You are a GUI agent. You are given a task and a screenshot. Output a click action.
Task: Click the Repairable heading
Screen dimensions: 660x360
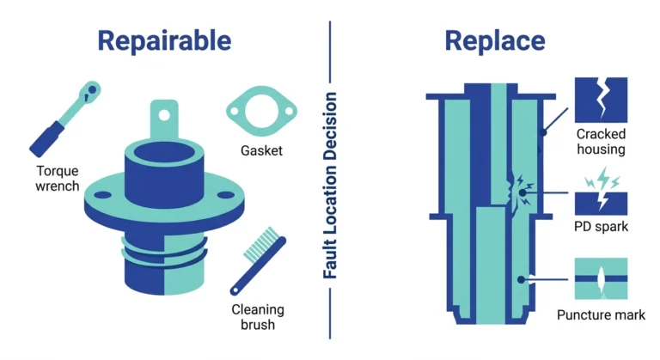tap(164, 41)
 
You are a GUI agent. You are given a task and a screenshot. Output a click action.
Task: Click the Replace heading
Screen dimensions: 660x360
tap(495, 41)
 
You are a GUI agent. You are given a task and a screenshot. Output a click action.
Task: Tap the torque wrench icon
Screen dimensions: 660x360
tap(65, 119)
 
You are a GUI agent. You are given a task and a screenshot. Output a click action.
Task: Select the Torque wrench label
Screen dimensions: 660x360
tap(58, 178)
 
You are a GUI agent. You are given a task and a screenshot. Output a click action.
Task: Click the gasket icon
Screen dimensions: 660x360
tap(261, 111)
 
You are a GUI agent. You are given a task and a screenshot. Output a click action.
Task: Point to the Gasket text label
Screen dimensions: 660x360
tap(261, 150)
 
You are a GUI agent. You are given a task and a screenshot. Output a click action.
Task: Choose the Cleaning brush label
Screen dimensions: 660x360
tap(258, 317)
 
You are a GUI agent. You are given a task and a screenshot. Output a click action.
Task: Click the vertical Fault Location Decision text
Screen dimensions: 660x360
tap(330, 186)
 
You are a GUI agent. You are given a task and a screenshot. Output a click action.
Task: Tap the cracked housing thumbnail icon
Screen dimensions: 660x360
tap(601, 100)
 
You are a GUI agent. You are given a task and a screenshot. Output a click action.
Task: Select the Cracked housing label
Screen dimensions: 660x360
tap(601, 142)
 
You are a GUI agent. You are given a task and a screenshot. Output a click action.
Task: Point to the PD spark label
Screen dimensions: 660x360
tap(601, 227)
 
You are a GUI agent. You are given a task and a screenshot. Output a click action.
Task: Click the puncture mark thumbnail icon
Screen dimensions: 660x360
tap(601, 278)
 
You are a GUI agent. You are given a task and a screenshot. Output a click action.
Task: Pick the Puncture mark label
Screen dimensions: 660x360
tap(601, 314)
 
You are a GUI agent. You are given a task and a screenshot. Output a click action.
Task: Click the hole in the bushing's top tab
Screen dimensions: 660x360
tap(164, 115)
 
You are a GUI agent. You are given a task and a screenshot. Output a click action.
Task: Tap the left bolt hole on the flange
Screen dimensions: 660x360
tap(102, 195)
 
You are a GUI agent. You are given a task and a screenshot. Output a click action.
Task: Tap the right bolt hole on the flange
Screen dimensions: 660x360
tap(226, 194)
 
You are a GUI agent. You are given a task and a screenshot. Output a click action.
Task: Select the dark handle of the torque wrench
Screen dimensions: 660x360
tap(47, 139)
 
